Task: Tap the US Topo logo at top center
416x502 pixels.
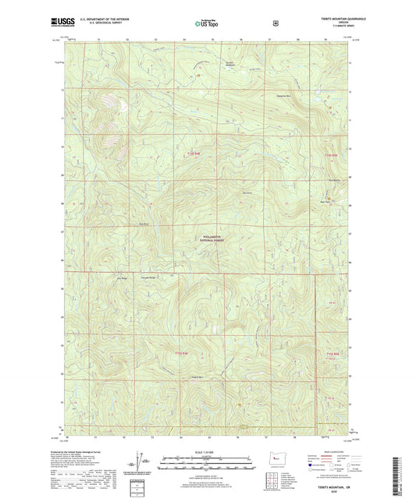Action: (207, 24)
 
